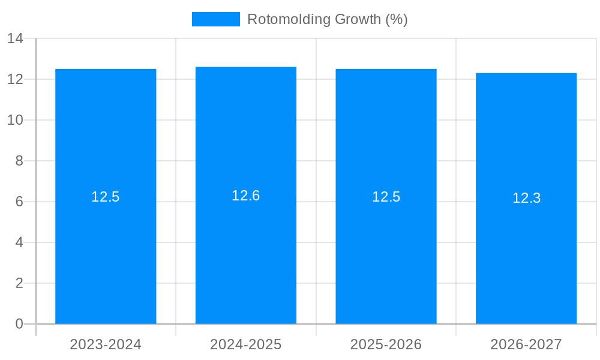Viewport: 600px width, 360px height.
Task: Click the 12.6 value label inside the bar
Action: click(246, 196)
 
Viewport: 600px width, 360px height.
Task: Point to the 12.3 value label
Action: click(526, 198)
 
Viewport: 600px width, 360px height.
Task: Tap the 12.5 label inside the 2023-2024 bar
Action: click(106, 197)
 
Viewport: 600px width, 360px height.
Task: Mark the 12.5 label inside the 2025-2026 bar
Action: click(386, 197)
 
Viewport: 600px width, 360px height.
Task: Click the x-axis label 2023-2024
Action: click(106, 344)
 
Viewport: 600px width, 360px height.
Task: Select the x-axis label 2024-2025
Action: click(246, 344)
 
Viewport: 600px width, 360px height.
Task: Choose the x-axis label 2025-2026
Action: click(386, 344)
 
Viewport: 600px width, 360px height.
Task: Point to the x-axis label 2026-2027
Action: click(526, 344)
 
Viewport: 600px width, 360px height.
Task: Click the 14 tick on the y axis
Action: click(15, 39)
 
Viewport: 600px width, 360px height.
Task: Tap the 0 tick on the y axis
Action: click(19, 324)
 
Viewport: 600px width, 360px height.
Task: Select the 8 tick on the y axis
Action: click(19, 161)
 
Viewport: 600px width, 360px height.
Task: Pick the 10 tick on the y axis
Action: click(15, 120)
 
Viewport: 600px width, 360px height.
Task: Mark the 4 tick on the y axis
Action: click(19, 242)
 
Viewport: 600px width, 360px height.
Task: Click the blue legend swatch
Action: click(215, 19)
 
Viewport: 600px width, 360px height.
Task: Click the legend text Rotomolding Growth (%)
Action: click(327, 19)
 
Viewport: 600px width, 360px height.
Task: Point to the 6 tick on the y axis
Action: click(19, 202)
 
